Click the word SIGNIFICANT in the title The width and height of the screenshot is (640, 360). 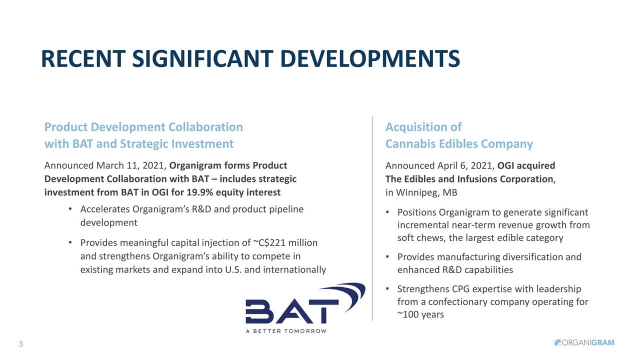[x=202, y=59]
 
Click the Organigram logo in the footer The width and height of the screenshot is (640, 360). [x=584, y=342]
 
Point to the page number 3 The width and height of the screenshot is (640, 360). [x=20, y=344]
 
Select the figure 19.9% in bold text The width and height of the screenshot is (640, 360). [x=199, y=192]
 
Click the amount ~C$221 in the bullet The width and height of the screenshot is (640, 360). [x=269, y=243]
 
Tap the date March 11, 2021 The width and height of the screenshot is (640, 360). [x=131, y=165]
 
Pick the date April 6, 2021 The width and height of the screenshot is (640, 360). [x=466, y=165]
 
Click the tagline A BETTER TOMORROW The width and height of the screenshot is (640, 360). [x=286, y=331]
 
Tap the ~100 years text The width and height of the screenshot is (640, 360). [x=420, y=314]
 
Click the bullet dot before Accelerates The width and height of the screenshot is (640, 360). [x=70, y=209]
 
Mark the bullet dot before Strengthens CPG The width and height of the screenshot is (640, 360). [x=387, y=289]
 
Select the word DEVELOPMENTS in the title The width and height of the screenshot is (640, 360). [x=370, y=59]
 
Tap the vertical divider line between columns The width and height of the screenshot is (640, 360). [x=372, y=218]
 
